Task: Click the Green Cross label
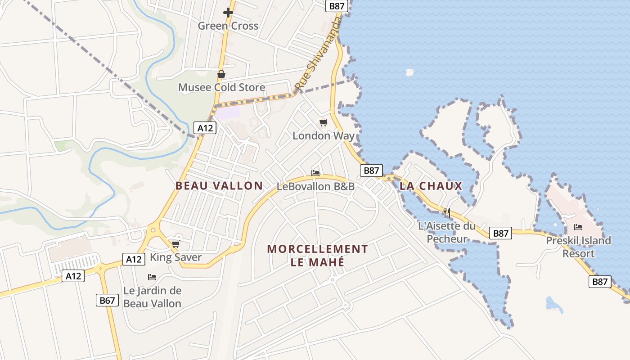(x=228, y=26)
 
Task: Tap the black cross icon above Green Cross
(x=228, y=13)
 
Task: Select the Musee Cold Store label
(x=221, y=87)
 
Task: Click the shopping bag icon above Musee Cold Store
(x=221, y=74)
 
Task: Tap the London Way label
(x=324, y=135)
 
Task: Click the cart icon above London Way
(x=323, y=122)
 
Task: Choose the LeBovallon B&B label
(x=315, y=186)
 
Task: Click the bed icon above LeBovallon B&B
(x=315, y=173)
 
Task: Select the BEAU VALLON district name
(x=219, y=185)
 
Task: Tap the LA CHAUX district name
(x=431, y=185)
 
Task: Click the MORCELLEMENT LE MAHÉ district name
(x=318, y=255)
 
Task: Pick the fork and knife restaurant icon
(x=447, y=212)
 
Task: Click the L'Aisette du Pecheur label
(x=447, y=232)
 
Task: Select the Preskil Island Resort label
(x=578, y=247)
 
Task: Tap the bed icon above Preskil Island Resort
(x=578, y=227)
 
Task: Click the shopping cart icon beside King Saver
(x=175, y=244)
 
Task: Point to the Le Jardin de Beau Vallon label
(x=153, y=297)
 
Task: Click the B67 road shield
(x=107, y=300)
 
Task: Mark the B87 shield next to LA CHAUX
(x=371, y=170)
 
